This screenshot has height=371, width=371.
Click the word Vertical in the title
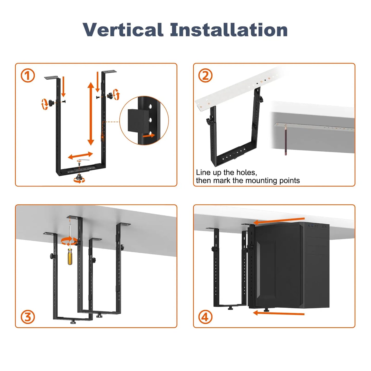pyautogui.click(x=123, y=30)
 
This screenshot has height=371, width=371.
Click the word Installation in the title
pyautogui.click(x=229, y=30)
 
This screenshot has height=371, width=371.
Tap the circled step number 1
pyautogui.click(x=27, y=76)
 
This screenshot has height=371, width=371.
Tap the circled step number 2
pyautogui.click(x=205, y=76)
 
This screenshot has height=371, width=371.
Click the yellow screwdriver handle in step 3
pyautogui.click(x=70, y=256)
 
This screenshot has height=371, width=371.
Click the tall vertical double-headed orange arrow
pyautogui.click(x=91, y=114)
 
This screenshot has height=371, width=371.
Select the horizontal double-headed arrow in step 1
pyautogui.click(x=80, y=155)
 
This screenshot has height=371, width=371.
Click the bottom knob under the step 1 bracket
pyautogui.click(x=79, y=177)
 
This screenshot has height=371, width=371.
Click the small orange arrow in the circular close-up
pyautogui.click(x=149, y=135)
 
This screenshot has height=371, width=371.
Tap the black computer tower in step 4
pyautogui.click(x=289, y=266)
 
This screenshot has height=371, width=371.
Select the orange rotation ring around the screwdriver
pyautogui.click(x=69, y=241)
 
